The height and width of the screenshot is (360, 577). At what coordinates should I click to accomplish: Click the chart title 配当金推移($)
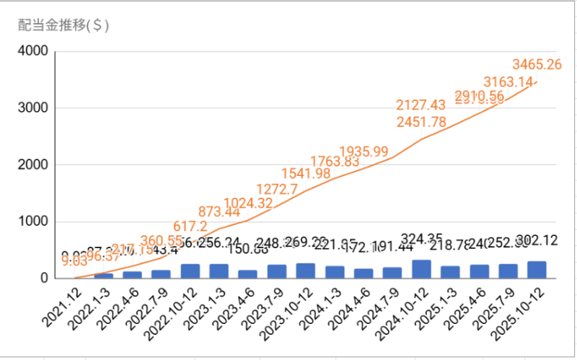(x=63, y=25)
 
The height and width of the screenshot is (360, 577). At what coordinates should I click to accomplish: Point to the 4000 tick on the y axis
(x=33, y=51)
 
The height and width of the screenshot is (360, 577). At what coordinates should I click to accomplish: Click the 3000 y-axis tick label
(x=33, y=108)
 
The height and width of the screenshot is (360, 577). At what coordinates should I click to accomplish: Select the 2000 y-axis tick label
(x=33, y=164)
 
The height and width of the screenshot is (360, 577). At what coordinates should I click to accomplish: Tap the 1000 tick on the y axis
(x=33, y=221)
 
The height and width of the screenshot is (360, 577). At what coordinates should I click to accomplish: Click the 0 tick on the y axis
(x=43, y=278)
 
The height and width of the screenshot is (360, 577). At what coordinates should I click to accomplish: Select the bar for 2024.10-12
(x=421, y=269)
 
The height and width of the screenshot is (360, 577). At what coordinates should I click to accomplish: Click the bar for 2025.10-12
(x=537, y=270)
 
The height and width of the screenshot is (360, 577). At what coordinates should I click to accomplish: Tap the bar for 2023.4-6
(x=247, y=274)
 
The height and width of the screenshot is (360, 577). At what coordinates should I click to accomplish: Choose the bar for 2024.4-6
(x=364, y=273)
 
